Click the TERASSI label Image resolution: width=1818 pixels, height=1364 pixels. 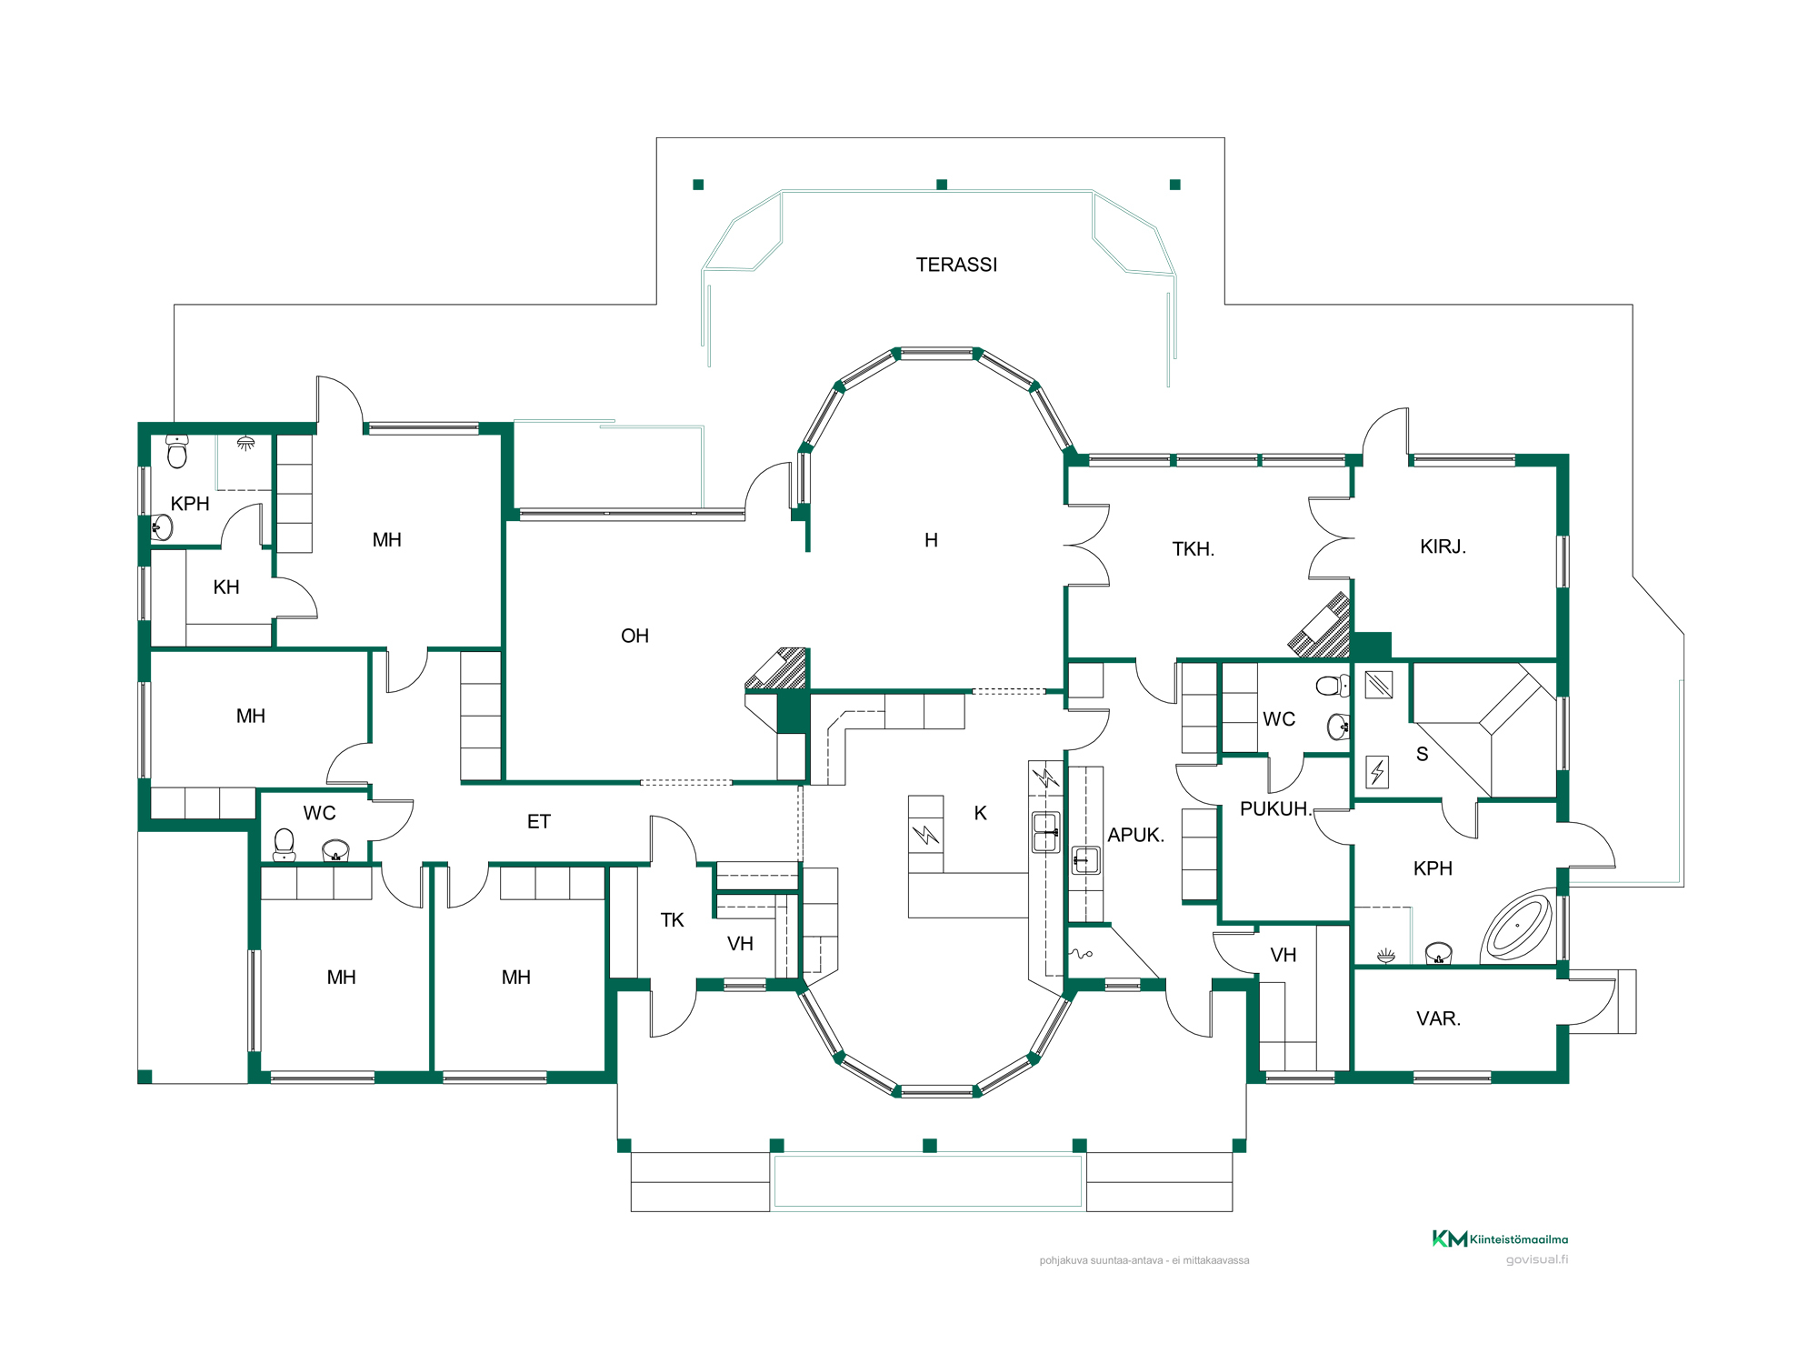tap(956, 265)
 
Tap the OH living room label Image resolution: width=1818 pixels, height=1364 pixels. tap(634, 636)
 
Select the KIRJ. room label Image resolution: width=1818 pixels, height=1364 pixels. tap(1443, 547)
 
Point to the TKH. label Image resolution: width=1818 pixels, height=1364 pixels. tap(1193, 549)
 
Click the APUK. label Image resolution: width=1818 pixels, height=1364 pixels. tap(1135, 835)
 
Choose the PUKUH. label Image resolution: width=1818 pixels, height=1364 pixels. tap(1275, 808)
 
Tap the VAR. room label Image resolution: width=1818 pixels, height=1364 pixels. tap(1438, 1018)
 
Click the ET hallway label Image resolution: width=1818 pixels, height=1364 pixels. tap(539, 822)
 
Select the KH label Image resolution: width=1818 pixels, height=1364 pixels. tap(226, 587)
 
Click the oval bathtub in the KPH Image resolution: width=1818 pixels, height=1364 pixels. tap(1517, 927)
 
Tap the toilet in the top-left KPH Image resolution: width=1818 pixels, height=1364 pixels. tap(177, 451)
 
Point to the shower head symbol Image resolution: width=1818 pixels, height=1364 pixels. tap(245, 443)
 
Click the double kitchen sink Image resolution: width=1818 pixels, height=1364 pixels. tap(1046, 832)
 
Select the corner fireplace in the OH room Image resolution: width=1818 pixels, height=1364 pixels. tap(777, 669)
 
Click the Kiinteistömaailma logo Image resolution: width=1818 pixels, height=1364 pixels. tap(1500, 1239)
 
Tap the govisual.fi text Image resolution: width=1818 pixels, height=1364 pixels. tap(1536, 1259)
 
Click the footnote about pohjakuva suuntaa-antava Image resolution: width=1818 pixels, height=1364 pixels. tap(1144, 1260)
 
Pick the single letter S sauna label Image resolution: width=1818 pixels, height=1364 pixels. tap(1423, 754)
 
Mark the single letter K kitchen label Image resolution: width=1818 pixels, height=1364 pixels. tap(980, 813)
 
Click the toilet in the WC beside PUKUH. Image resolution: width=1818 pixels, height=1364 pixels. tap(1334, 686)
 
